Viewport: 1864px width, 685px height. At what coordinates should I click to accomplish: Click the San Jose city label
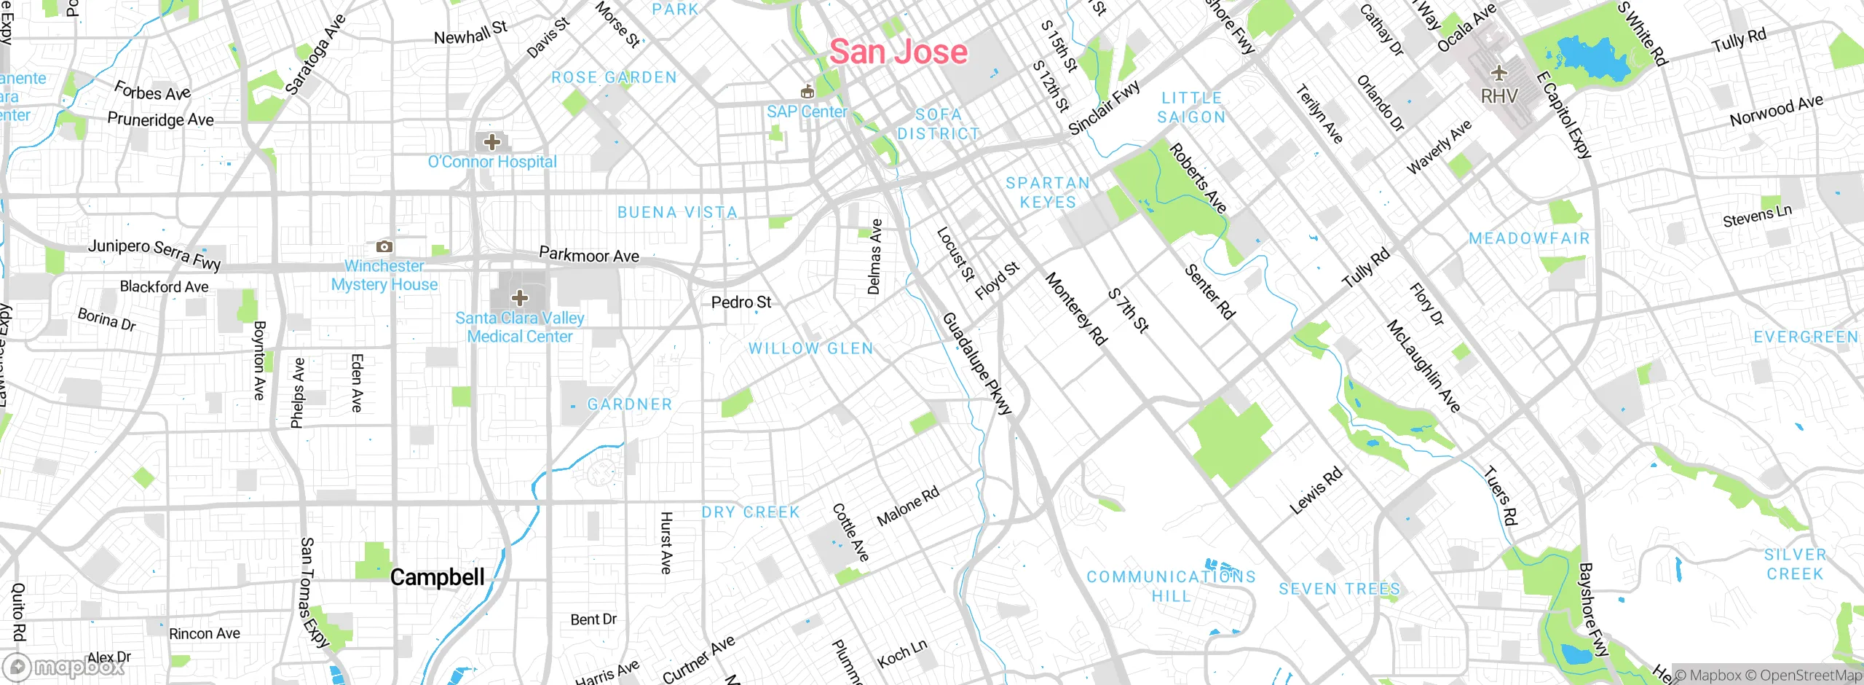coord(899,52)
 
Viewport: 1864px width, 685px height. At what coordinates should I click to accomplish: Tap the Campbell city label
coord(437,577)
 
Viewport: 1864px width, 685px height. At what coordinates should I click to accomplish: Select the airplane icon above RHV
coord(1498,73)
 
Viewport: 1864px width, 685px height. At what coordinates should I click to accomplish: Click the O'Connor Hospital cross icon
coord(492,141)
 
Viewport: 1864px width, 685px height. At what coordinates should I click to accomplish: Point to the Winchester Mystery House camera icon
coord(384,247)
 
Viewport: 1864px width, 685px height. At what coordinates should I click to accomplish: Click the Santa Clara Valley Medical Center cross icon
coord(520,297)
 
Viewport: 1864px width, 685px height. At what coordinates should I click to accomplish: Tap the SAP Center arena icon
coord(806,92)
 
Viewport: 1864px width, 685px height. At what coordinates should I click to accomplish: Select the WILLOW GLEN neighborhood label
coord(810,348)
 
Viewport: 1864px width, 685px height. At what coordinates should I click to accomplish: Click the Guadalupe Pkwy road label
coord(977,364)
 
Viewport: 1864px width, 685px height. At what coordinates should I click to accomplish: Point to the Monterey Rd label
coord(1076,308)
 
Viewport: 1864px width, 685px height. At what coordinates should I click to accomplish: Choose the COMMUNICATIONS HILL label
coord(1171,586)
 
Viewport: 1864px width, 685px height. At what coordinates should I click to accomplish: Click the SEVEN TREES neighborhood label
coord(1339,589)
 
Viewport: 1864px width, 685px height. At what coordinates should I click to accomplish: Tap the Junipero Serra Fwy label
coord(154,254)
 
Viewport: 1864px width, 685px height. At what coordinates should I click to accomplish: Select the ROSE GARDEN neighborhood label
coord(614,77)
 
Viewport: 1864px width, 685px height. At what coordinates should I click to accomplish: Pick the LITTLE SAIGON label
coord(1191,107)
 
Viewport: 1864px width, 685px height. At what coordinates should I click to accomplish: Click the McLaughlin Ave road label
coord(1423,366)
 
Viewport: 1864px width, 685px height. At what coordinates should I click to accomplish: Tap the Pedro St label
coord(741,302)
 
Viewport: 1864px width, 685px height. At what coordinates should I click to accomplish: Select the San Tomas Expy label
coord(315,592)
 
